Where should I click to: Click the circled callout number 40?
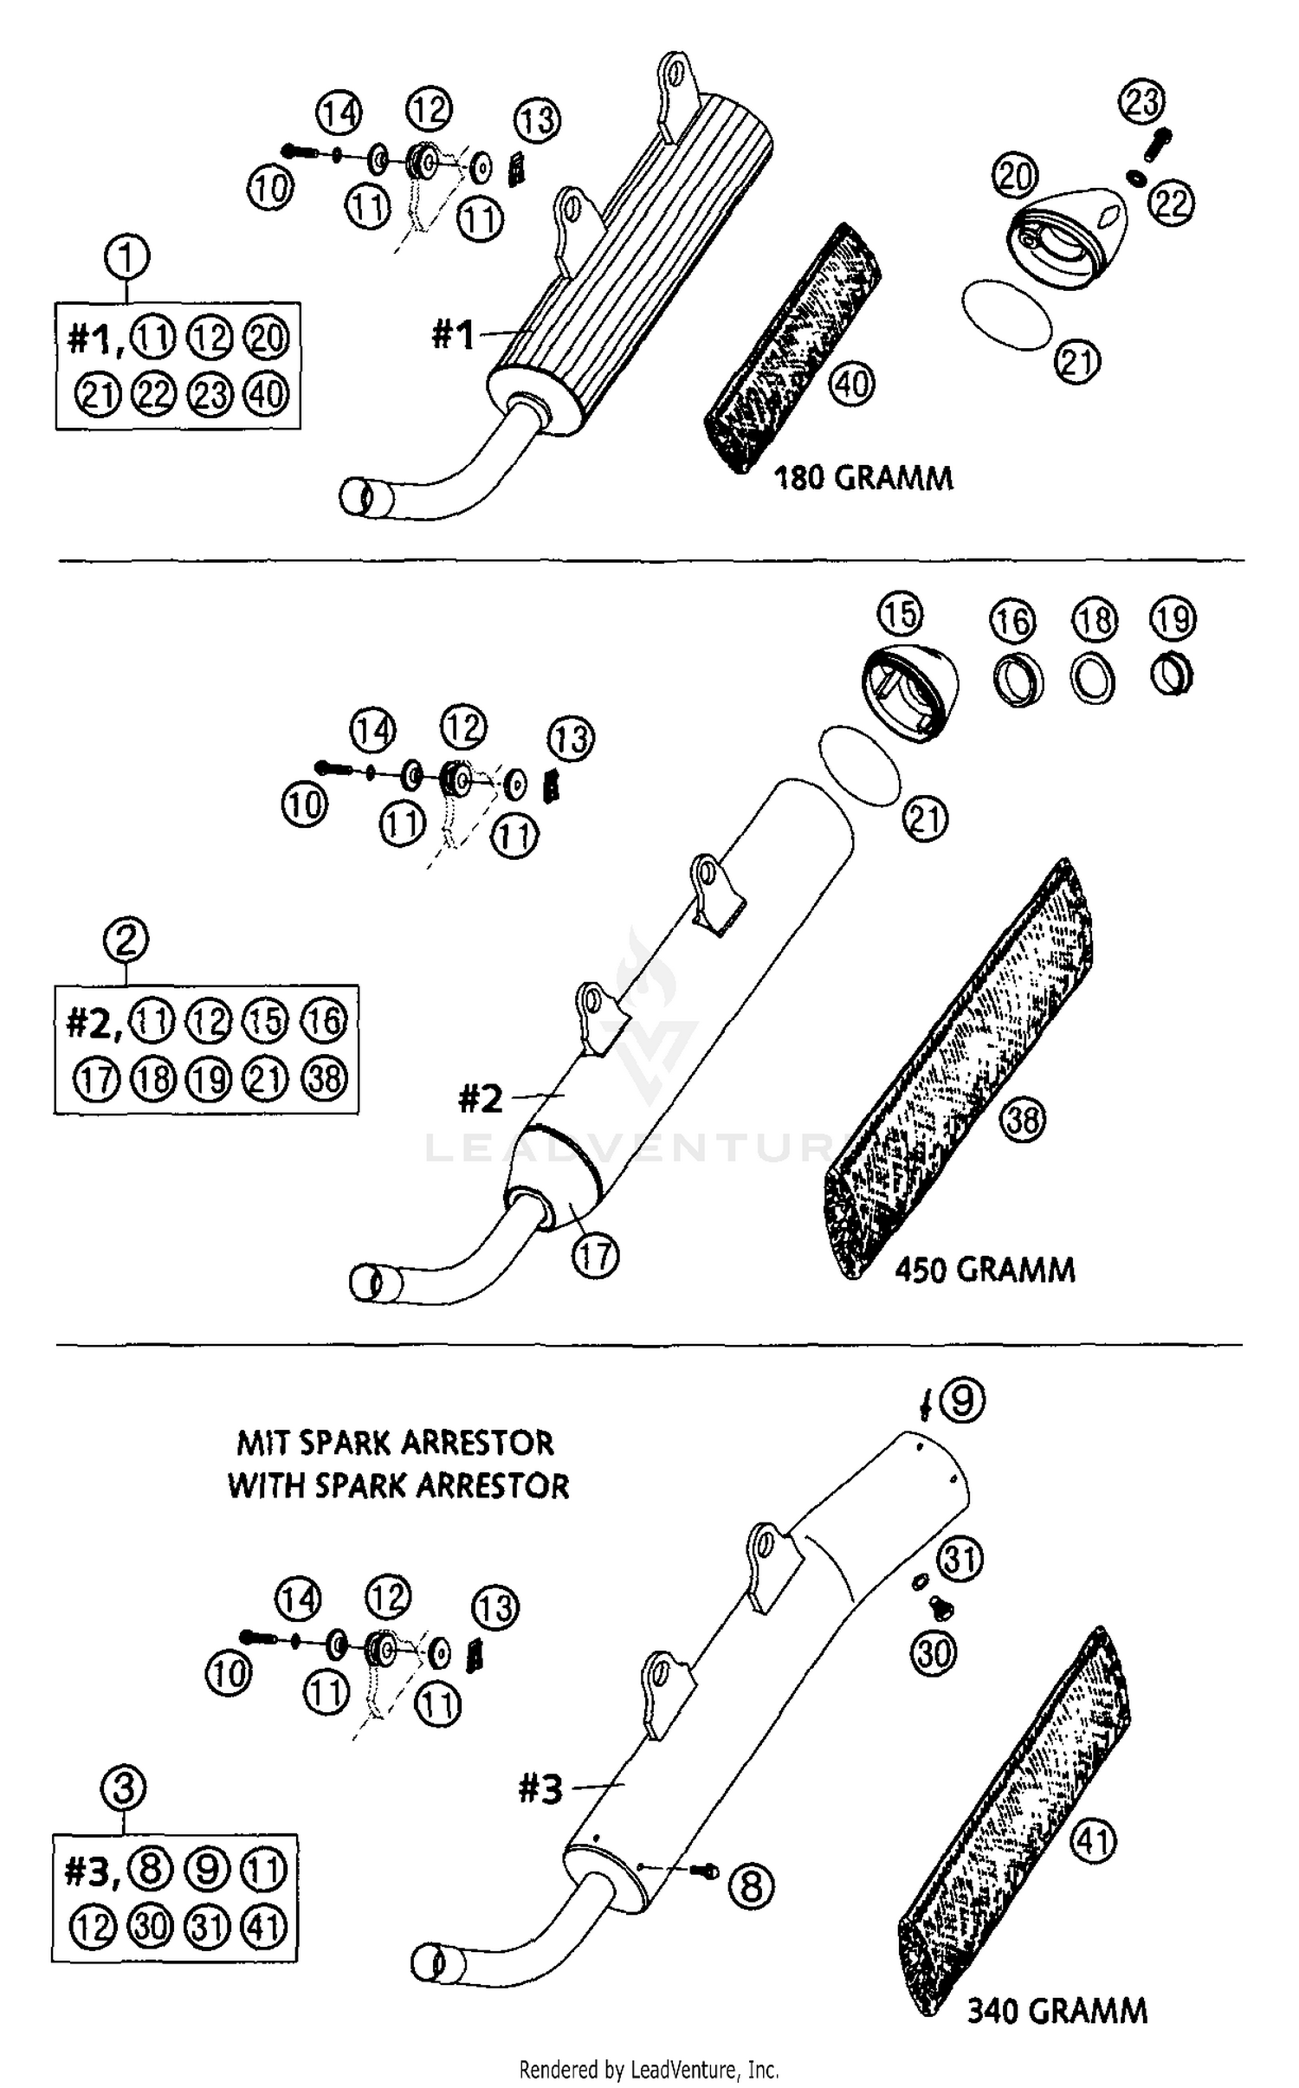coord(852,384)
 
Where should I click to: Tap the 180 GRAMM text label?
coord(863,478)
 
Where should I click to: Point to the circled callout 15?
coord(900,614)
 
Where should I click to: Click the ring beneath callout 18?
coord(1093,679)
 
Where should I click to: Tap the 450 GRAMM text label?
coord(985,1270)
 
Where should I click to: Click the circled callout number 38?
coord(1023,1119)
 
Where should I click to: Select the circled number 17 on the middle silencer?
coord(595,1256)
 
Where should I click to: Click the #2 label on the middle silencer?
coord(481,1100)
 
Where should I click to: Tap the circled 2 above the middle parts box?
coord(126,940)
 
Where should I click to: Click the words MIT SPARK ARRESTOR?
coord(395,1443)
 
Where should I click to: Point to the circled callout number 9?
coord(962,1400)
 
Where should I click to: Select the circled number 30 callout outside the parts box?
coord(934,1654)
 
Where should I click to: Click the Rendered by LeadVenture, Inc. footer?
coord(649,2070)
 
